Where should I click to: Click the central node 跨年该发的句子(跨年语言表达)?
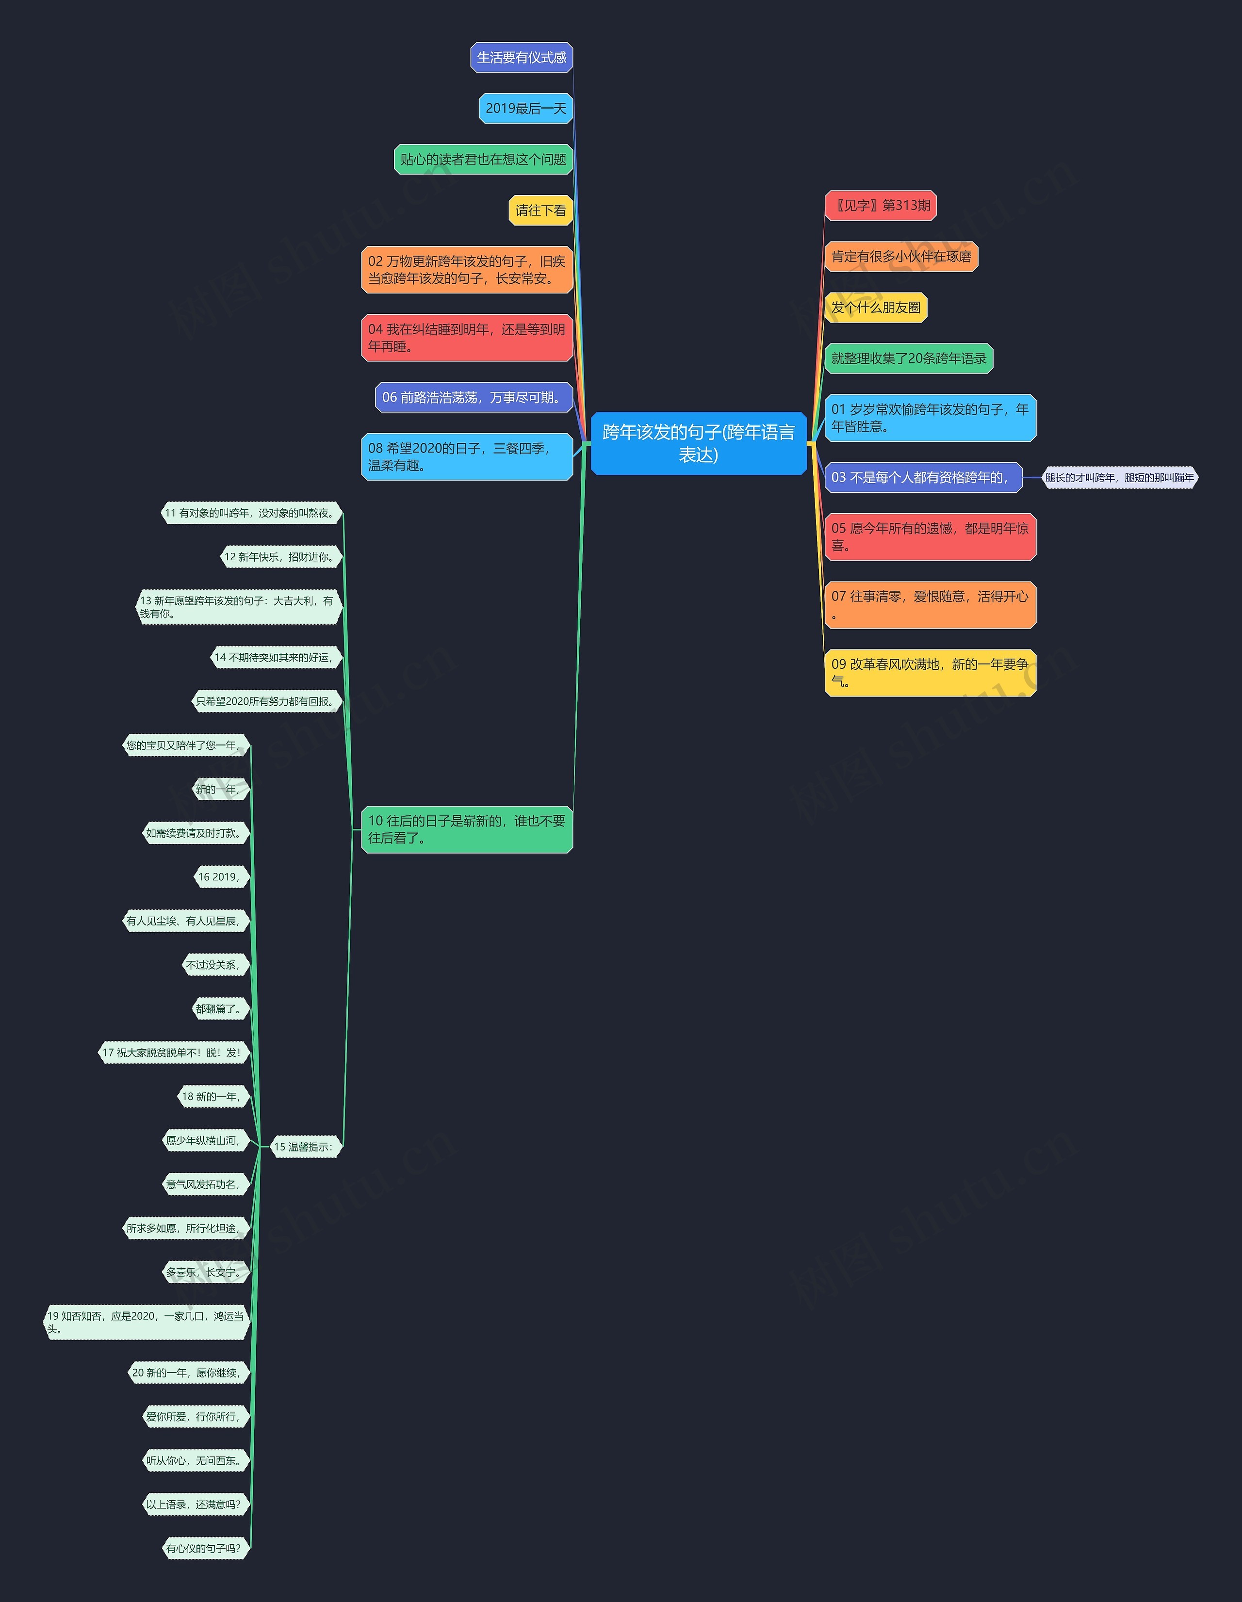699,443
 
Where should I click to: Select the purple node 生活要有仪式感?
522,57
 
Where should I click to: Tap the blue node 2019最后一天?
525,109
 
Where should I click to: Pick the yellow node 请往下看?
540,210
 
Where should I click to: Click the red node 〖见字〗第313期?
881,205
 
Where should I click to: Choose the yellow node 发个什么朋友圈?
875,307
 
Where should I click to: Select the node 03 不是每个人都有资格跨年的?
922,478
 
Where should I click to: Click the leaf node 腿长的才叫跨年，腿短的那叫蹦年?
1119,478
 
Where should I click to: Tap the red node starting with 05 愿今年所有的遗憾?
930,537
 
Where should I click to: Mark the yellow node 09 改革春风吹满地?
930,673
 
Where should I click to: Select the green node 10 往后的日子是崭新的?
467,829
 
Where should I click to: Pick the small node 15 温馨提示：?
304,1147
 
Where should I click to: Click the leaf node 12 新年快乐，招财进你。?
281,557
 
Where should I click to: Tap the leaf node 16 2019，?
219,877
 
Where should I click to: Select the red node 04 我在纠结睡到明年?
467,338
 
